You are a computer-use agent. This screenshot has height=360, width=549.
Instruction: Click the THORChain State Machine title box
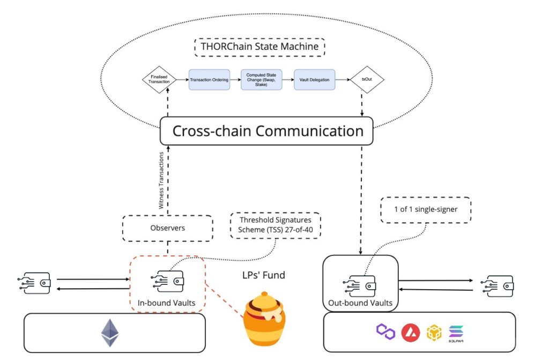pos(259,47)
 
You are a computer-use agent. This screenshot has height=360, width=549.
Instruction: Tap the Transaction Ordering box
pos(209,79)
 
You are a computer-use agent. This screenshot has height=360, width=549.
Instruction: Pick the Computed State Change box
pos(261,79)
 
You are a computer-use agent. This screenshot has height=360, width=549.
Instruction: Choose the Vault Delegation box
pos(314,79)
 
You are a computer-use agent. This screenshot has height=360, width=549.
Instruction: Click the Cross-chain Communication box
pos(266,131)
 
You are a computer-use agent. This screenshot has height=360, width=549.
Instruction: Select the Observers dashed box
pos(167,228)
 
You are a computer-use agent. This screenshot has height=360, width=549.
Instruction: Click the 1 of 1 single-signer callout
pos(426,209)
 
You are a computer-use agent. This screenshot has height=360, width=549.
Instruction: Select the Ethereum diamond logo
pos(110,333)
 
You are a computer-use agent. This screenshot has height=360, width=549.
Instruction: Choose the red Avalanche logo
pos(410,333)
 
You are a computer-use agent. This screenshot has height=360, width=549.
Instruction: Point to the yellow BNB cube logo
pos(434,333)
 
